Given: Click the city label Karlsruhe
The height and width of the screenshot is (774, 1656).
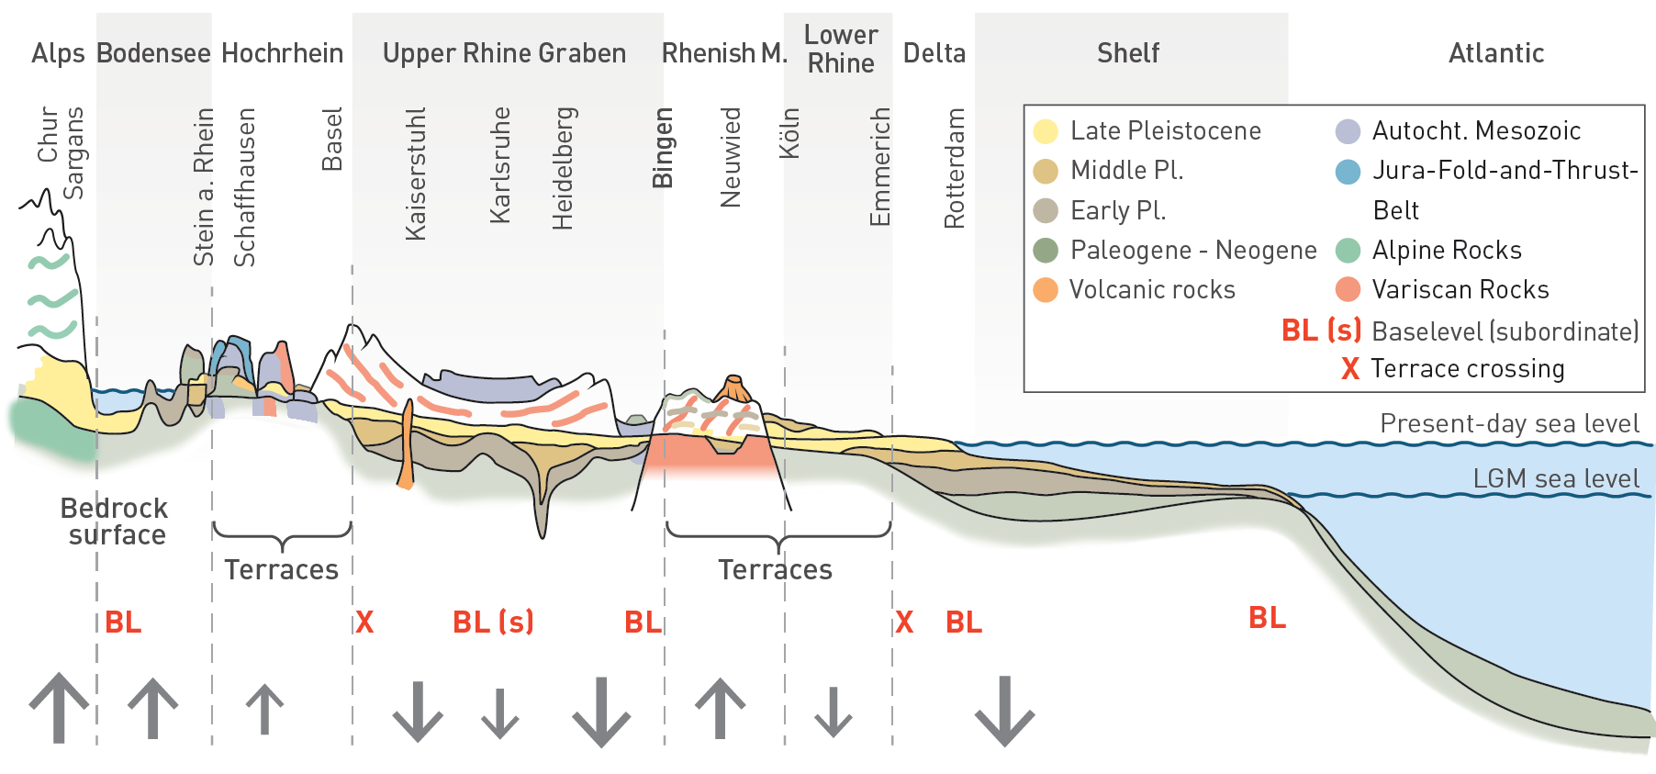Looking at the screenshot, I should [x=500, y=165].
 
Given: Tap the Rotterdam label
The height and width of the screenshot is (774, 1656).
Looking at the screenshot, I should [x=955, y=168].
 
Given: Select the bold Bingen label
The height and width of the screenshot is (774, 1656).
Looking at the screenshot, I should [x=663, y=148].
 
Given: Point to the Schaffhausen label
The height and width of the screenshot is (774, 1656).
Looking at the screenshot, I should [x=244, y=187].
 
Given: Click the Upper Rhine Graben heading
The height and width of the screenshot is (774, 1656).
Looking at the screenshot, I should [x=504, y=53].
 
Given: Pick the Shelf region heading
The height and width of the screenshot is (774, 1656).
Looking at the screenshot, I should [x=1128, y=53].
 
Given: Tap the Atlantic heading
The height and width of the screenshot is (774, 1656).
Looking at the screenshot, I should [x=1496, y=53].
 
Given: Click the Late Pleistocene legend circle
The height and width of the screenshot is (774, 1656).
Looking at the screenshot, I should [x=1046, y=131].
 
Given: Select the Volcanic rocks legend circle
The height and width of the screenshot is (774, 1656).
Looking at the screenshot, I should [x=1046, y=290].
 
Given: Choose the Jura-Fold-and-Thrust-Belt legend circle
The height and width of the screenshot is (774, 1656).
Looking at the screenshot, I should [x=1348, y=172].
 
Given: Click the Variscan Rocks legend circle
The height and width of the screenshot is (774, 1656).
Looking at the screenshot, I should [x=1348, y=290].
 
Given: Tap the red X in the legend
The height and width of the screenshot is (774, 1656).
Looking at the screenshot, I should [x=1349, y=369].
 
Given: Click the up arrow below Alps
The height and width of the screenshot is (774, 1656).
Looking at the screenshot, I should [x=59, y=707].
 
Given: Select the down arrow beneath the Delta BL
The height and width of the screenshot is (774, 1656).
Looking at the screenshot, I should [x=1004, y=712].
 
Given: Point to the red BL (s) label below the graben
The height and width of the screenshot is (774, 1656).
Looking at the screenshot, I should [x=493, y=623].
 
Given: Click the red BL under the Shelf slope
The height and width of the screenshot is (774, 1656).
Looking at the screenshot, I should [x=1267, y=618].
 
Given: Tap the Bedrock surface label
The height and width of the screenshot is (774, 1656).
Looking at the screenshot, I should [x=115, y=522].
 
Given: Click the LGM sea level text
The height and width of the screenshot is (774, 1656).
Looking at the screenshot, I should [x=1555, y=478].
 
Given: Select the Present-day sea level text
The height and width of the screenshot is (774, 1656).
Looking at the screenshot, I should [x=1509, y=423].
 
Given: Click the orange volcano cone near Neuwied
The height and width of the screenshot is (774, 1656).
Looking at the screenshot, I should [x=733, y=389].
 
